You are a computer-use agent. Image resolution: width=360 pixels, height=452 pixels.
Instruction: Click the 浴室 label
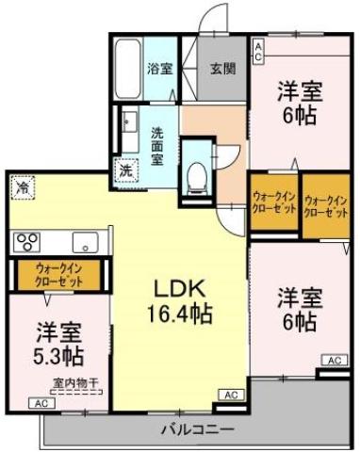pos(158,69)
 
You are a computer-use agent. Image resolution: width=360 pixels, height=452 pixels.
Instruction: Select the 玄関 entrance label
pos(222,69)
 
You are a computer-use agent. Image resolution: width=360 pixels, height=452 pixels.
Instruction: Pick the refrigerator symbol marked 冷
pos(21,186)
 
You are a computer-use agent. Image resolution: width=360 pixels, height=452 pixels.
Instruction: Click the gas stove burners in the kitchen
pos(25,241)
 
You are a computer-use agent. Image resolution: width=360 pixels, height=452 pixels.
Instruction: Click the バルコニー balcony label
pos(197,429)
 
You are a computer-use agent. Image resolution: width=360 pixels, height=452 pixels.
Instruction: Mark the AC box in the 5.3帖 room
pos(41,403)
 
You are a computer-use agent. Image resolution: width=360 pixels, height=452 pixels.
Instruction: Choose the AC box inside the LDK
pos(229,394)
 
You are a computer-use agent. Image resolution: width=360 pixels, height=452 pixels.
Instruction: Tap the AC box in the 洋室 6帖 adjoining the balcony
pos(334,361)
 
